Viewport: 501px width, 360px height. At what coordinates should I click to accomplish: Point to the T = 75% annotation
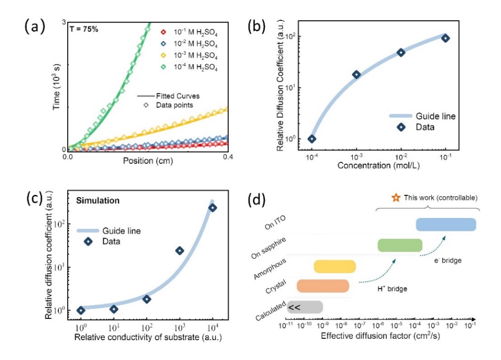click(84, 29)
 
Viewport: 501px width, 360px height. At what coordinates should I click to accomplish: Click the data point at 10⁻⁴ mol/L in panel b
click(312, 139)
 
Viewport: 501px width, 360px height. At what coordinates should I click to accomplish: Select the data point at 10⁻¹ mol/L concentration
click(446, 38)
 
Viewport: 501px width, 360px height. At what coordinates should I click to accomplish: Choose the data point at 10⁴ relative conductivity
click(212, 208)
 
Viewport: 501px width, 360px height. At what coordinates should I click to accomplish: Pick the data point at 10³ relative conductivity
click(179, 251)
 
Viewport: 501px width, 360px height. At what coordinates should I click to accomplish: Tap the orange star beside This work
click(395, 198)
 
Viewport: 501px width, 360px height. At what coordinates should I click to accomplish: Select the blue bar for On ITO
click(446, 225)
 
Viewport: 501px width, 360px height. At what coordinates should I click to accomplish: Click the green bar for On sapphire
click(400, 245)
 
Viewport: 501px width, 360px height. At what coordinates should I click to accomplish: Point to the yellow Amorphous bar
click(334, 267)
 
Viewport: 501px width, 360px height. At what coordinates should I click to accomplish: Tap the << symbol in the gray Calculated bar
click(295, 307)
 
